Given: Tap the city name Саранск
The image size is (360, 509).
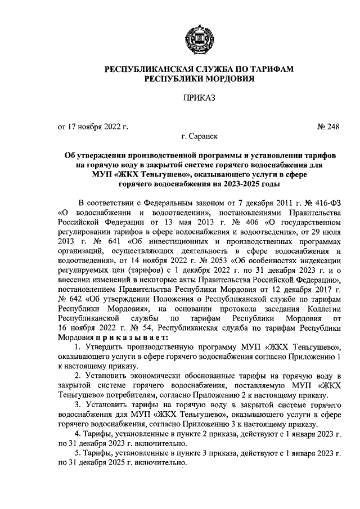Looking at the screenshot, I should pyautogui.click(x=205, y=136).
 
